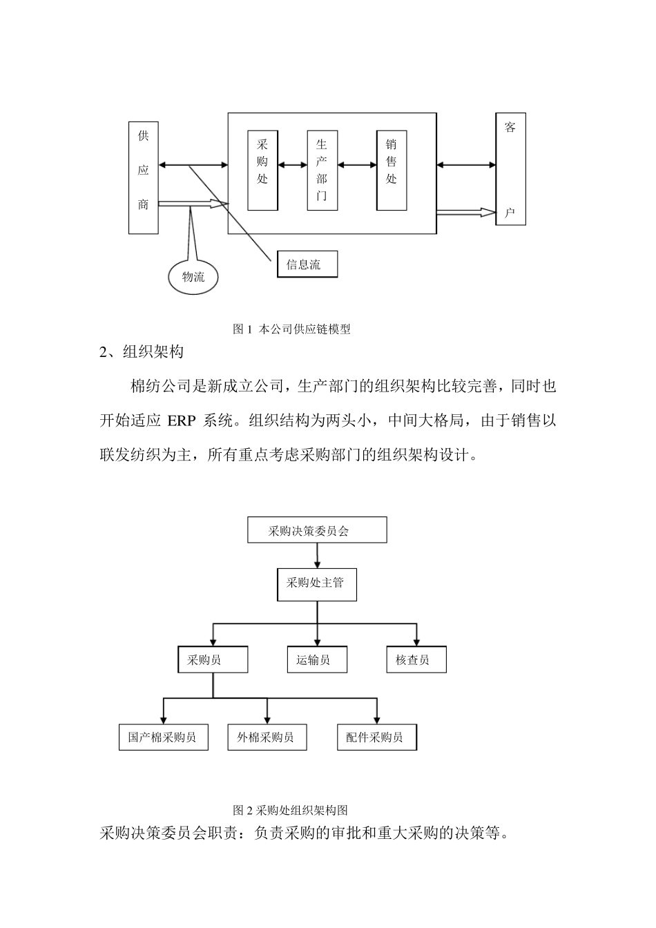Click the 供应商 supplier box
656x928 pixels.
(x=143, y=178)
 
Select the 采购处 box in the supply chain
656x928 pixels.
(x=262, y=170)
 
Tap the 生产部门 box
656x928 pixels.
(x=322, y=170)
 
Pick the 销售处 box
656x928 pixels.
(x=391, y=170)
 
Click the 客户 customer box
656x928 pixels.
(x=510, y=169)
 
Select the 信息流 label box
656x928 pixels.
(x=307, y=264)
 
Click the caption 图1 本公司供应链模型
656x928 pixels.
(x=291, y=329)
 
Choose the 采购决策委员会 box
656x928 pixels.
(x=317, y=530)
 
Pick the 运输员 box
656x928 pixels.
(x=317, y=660)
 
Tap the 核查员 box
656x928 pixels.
(x=416, y=660)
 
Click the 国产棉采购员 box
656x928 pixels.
(x=164, y=737)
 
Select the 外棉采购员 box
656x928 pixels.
(x=267, y=737)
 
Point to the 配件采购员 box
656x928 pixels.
(x=377, y=737)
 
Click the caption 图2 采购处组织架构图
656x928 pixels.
(x=290, y=809)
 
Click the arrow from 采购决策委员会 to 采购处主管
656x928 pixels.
(x=317, y=555)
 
